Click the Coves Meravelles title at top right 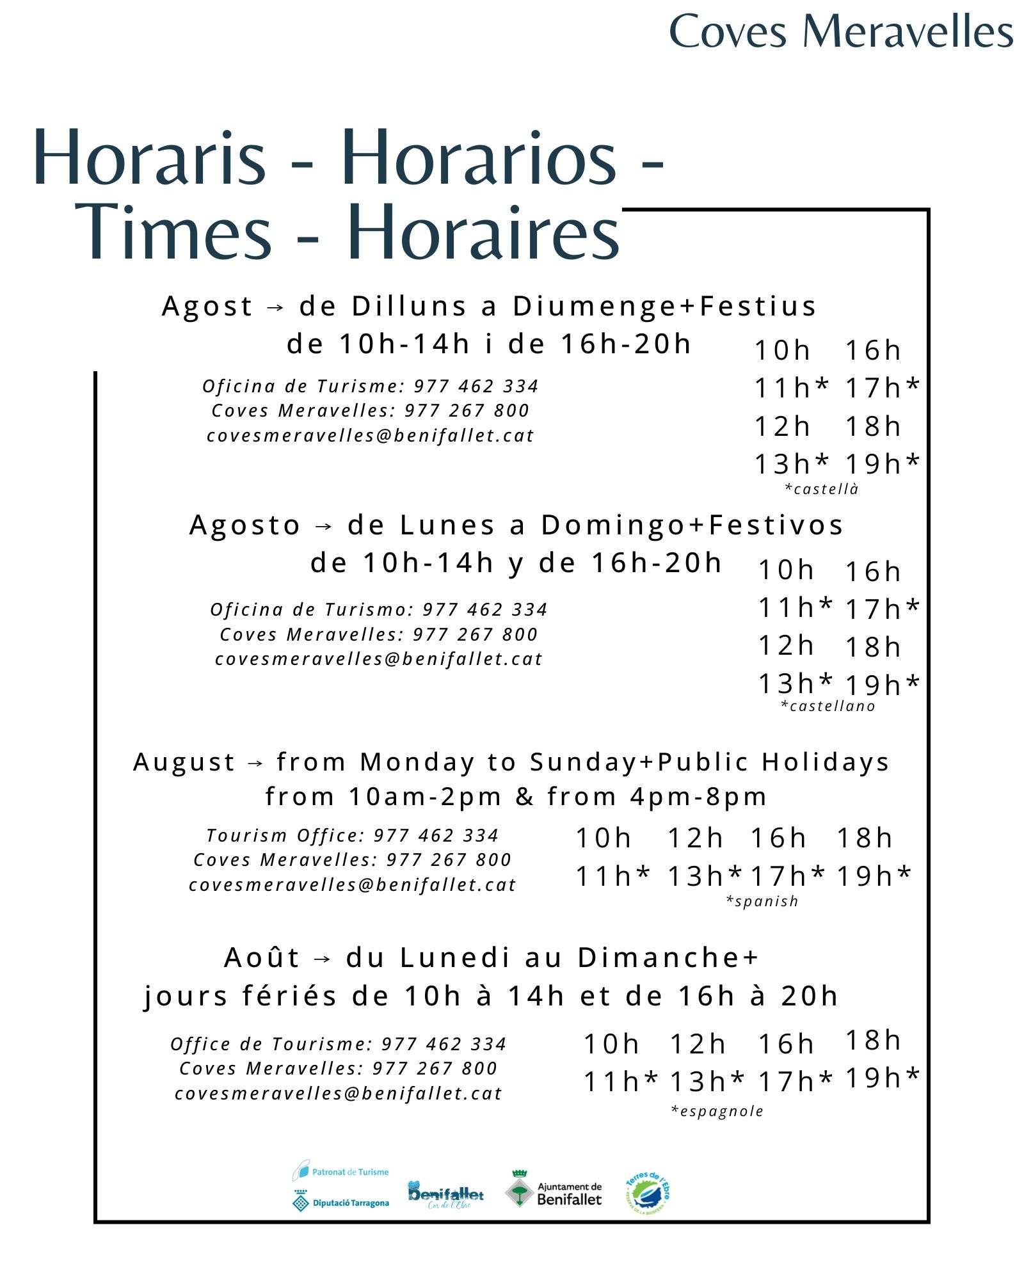pyautogui.click(x=840, y=32)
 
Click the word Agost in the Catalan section pyautogui.click(x=207, y=307)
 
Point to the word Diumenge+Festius pyautogui.click(x=664, y=306)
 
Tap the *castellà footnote pyautogui.click(x=821, y=489)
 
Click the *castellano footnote pyautogui.click(x=828, y=706)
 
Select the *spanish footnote pyautogui.click(x=762, y=901)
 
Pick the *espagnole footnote pyautogui.click(x=717, y=1111)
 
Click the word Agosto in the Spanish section pyautogui.click(x=245, y=525)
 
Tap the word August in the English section pyautogui.click(x=184, y=762)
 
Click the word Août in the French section pyautogui.click(x=262, y=958)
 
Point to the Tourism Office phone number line pyautogui.click(x=352, y=836)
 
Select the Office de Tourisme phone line pyautogui.click(x=339, y=1044)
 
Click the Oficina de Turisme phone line pyautogui.click(x=371, y=387)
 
